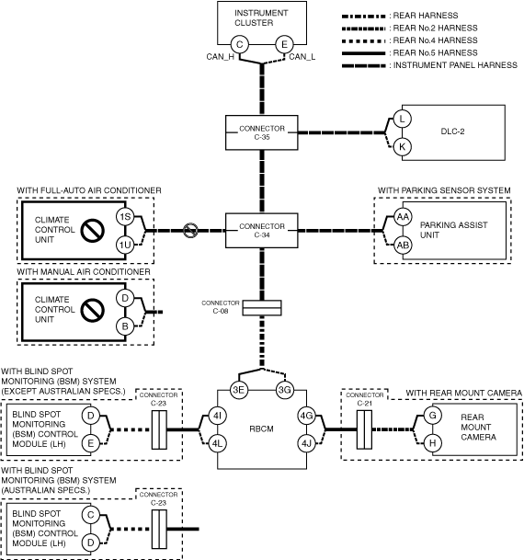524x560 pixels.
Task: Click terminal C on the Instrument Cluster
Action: click(240, 45)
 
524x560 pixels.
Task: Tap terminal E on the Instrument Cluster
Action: click(284, 45)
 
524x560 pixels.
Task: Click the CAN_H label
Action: click(221, 57)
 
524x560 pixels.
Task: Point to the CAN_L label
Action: click(302, 57)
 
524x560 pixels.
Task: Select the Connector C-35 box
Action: click(262, 132)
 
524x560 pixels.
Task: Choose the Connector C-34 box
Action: click(262, 231)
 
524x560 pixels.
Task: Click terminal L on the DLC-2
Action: click(403, 119)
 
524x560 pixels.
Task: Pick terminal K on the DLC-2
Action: click(403, 147)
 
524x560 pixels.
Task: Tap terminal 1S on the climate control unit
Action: click(125, 217)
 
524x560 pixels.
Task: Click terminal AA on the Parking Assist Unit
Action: click(403, 217)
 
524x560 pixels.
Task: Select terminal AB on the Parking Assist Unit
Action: click(403, 246)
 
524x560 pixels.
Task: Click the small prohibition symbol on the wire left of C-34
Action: click(190, 231)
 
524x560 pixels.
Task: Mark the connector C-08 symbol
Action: click(262, 308)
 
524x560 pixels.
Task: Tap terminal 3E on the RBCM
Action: click(238, 390)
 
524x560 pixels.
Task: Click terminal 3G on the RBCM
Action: click(284, 390)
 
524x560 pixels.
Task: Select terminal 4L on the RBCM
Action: click(217, 443)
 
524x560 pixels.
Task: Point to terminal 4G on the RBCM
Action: click(307, 416)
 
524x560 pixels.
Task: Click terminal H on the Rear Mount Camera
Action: click(433, 443)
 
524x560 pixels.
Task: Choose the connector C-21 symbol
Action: click(364, 429)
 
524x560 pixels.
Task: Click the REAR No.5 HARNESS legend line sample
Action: click(363, 53)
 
